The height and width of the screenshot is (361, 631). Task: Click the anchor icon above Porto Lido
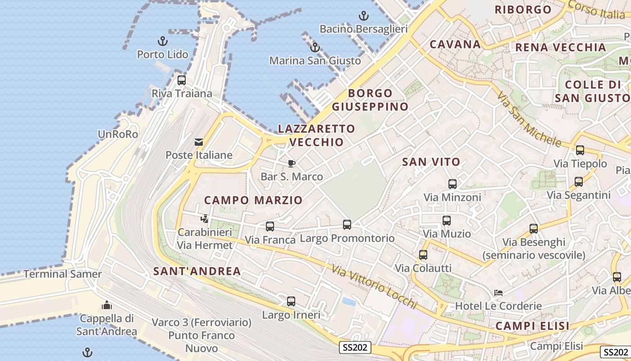click(162, 42)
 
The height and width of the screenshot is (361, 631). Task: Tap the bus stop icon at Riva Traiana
click(182, 80)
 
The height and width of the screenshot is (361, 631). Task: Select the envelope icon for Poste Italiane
click(199, 142)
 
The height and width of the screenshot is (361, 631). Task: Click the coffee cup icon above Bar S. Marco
click(292, 163)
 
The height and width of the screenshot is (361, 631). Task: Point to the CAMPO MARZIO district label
click(253, 200)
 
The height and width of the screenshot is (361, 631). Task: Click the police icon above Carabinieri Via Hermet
click(205, 219)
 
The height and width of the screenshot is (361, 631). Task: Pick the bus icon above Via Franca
click(270, 227)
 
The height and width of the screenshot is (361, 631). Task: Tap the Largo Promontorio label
click(347, 238)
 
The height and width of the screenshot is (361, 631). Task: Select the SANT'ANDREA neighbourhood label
click(197, 271)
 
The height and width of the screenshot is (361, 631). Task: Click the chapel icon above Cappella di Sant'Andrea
click(107, 305)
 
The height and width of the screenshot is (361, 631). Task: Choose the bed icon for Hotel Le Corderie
click(498, 293)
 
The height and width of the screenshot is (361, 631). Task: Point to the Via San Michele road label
click(528, 119)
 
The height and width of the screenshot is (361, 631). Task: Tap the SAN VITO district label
click(431, 162)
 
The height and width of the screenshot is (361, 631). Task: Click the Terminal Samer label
click(63, 274)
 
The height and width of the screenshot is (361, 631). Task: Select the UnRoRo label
click(118, 134)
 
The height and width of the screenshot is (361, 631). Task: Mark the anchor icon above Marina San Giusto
click(315, 47)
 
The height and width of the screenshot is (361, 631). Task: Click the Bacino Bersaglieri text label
click(363, 29)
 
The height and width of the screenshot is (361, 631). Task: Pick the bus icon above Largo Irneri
click(291, 301)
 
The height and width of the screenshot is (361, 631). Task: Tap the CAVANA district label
click(455, 44)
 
